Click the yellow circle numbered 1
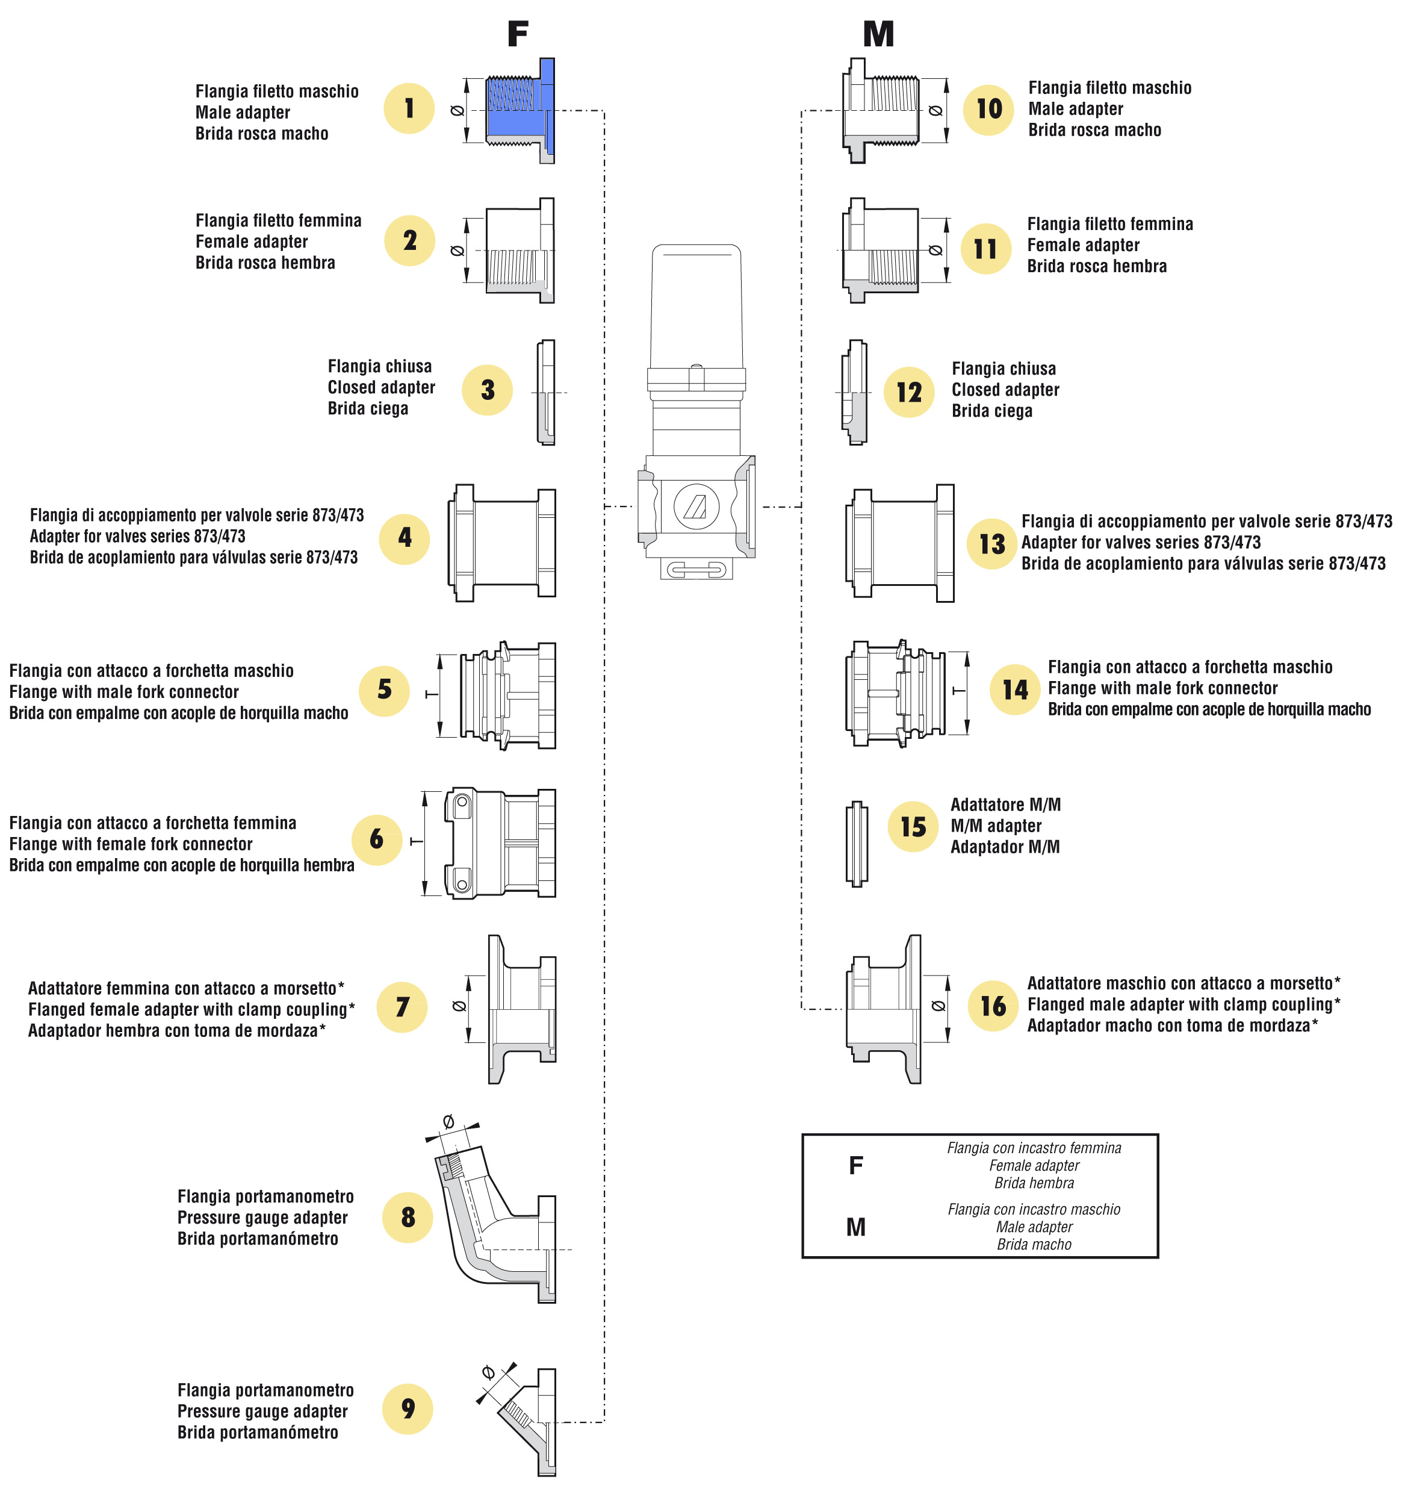tap(409, 109)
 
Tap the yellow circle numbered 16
tap(993, 1006)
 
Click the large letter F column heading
tap(518, 34)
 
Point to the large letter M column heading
tap(878, 34)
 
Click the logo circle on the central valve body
tap(696, 506)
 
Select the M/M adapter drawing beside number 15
tap(856, 843)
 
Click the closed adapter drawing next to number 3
tap(546, 392)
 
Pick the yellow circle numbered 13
tap(992, 543)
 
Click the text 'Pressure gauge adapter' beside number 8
tap(262, 1218)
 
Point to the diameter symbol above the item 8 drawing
tap(448, 1122)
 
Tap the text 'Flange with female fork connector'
tap(131, 844)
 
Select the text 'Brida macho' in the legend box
tap(1034, 1245)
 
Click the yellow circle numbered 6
tap(376, 839)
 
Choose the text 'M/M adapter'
tap(996, 826)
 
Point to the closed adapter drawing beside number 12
tap(855, 392)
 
